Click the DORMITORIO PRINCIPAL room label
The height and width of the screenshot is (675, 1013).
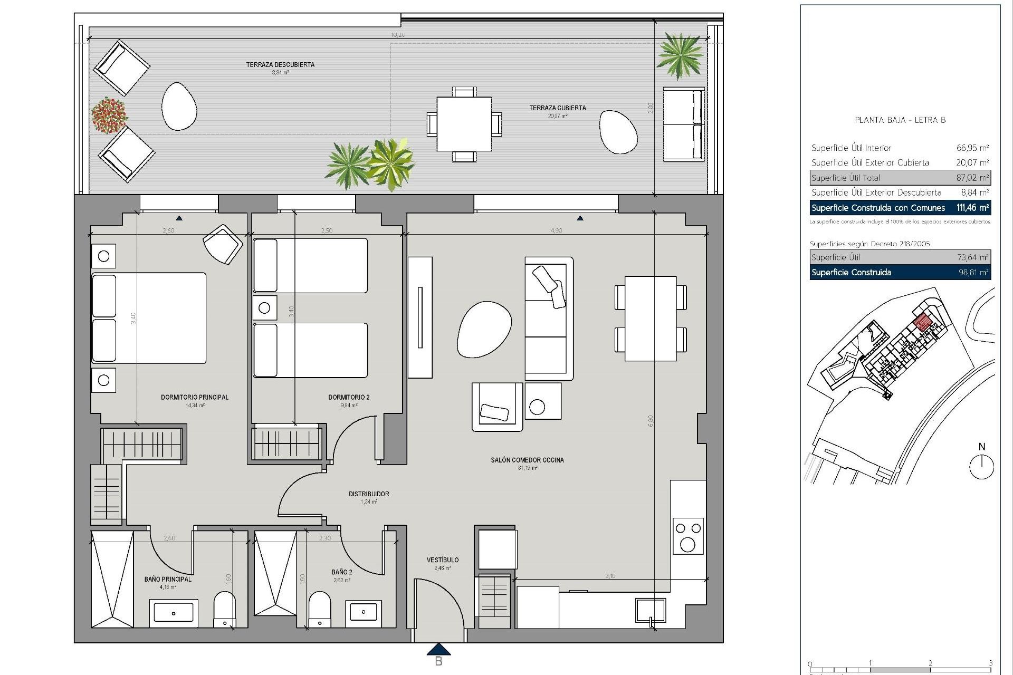(195, 397)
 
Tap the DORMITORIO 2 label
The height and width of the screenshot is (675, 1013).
(349, 397)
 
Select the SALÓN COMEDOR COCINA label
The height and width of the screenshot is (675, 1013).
(527, 460)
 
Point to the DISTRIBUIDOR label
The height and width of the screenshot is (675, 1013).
(369, 494)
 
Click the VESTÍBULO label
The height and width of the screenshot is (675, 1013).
(443, 560)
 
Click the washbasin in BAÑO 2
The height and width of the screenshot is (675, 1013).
(364, 612)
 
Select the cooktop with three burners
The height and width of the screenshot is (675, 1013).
(688, 536)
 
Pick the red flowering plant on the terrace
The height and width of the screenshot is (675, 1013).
(109, 115)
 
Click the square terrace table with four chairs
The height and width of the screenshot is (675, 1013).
(464, 124)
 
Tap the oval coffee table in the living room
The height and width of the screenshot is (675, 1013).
(484, 329)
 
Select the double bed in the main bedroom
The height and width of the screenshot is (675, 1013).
(148, 318)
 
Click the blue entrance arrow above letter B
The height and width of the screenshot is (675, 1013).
(438, 649)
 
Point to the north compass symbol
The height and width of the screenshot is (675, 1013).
(981, 466)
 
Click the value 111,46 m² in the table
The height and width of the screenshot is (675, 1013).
(972, 208)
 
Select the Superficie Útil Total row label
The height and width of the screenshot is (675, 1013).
(846, 178)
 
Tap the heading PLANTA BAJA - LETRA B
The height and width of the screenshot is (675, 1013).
(900, 120)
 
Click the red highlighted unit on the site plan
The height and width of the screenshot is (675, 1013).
(922, 322)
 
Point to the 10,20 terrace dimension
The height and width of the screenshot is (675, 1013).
(398, 35)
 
